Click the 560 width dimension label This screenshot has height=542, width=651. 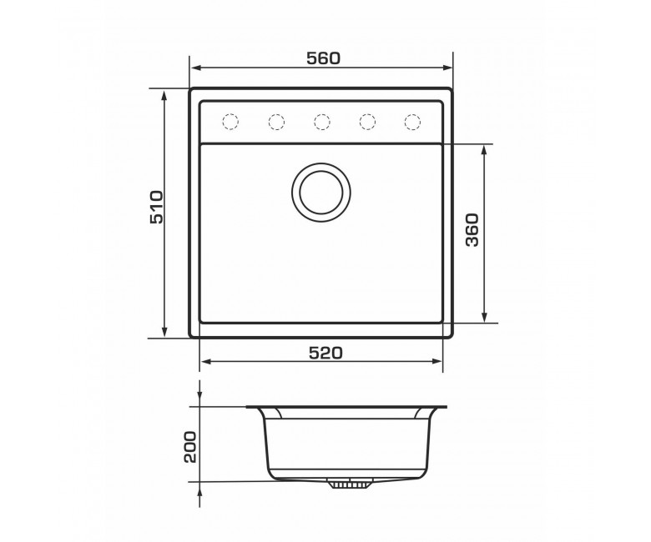click(324, 58)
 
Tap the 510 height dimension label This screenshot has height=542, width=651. click(157, 208)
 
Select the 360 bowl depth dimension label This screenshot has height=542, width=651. click(472, 230)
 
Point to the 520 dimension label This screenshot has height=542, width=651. click(325, 353)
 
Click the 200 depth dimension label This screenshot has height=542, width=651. click(189, 447)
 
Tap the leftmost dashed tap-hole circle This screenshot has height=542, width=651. click(230, 122)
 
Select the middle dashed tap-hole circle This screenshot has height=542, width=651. click(322, 122)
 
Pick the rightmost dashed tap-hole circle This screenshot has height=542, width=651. click(412, 122)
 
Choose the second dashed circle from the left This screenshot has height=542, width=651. click(276, 122)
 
